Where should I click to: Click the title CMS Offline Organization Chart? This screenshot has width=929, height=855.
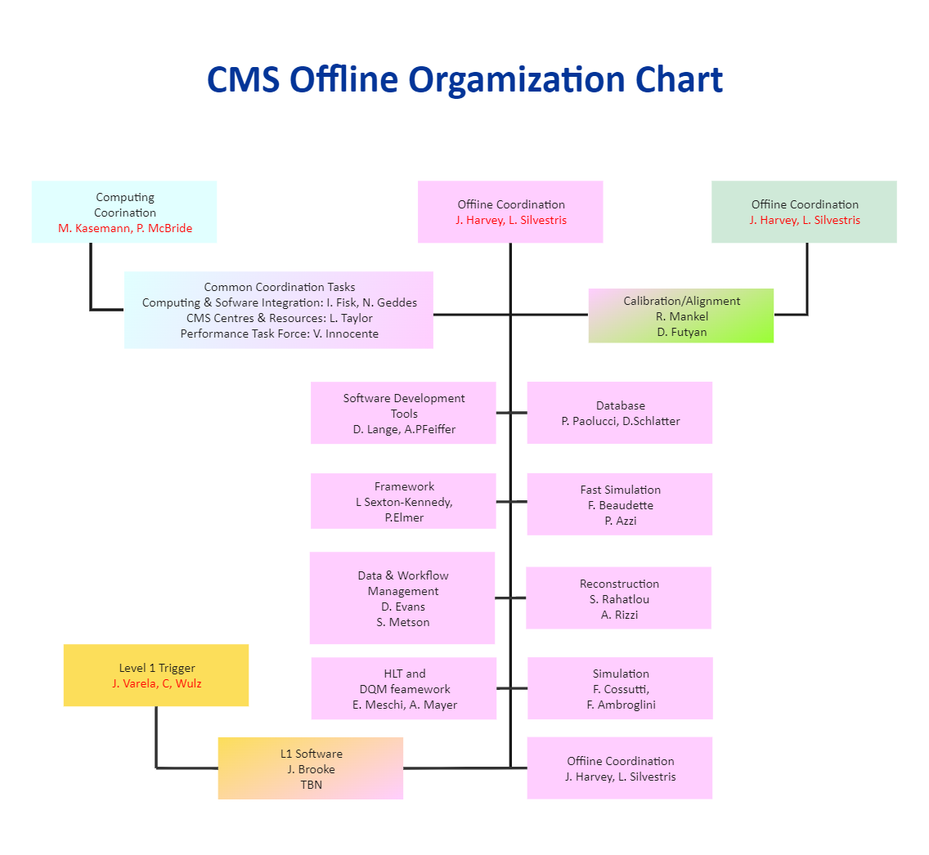pos(464,80)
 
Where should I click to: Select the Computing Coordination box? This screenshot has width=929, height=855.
pos(124,212)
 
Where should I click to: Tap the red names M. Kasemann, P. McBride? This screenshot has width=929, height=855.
pos(125,228)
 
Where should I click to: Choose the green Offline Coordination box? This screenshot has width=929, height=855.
pos(804,212)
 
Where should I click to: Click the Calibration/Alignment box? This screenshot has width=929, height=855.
pos(681,316)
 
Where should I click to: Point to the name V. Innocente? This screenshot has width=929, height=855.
pos(346,333)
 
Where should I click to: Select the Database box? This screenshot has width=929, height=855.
pos(620,413)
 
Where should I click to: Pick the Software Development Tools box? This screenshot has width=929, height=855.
pos(403,413)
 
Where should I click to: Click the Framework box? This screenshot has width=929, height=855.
pos(403,501)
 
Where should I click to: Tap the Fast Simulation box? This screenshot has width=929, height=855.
pos(620,504)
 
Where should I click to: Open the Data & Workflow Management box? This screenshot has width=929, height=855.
pos(402,598)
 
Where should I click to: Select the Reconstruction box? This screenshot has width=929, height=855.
pos(618,598)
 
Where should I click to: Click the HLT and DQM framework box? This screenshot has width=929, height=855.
pos(404,688)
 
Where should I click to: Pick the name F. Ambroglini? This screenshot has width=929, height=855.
pos(621,705)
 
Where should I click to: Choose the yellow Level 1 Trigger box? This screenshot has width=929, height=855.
pos(156,675)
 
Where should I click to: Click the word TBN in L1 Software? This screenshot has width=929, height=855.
pos(311,785)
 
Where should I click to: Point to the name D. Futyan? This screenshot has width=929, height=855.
pos(680,332)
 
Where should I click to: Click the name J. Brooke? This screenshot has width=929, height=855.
pos(311,769)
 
